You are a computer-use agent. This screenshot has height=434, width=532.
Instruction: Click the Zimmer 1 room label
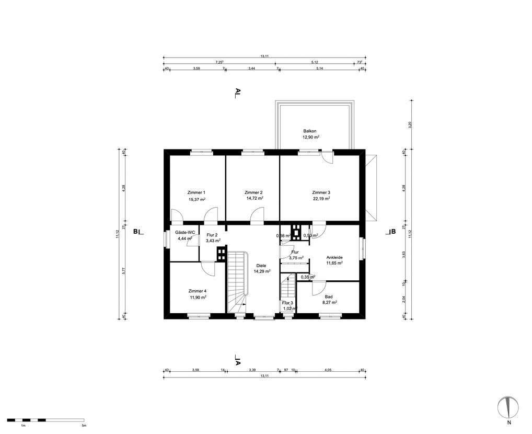point(196,192)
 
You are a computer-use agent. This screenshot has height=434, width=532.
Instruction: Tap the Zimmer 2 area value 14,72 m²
point(254,199)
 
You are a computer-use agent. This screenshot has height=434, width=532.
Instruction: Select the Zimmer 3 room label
point(321,192)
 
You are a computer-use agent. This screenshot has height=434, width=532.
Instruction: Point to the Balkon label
point(310,131)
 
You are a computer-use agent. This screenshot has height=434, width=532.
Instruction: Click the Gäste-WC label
point(185,232)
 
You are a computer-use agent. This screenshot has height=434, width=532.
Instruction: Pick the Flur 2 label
point(212,235)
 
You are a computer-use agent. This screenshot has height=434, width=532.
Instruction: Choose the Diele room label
point(261,266)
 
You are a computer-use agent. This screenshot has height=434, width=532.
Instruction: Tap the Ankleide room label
point(334,257)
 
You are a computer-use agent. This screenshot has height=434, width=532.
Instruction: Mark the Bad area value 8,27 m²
point(329,302)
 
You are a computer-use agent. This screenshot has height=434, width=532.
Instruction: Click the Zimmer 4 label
point(197,291)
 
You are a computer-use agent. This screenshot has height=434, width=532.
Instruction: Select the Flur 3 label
point(287,303)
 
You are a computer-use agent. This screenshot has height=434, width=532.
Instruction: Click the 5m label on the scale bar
point(84,426)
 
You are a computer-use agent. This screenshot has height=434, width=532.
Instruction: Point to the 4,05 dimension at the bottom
point(328,370)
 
